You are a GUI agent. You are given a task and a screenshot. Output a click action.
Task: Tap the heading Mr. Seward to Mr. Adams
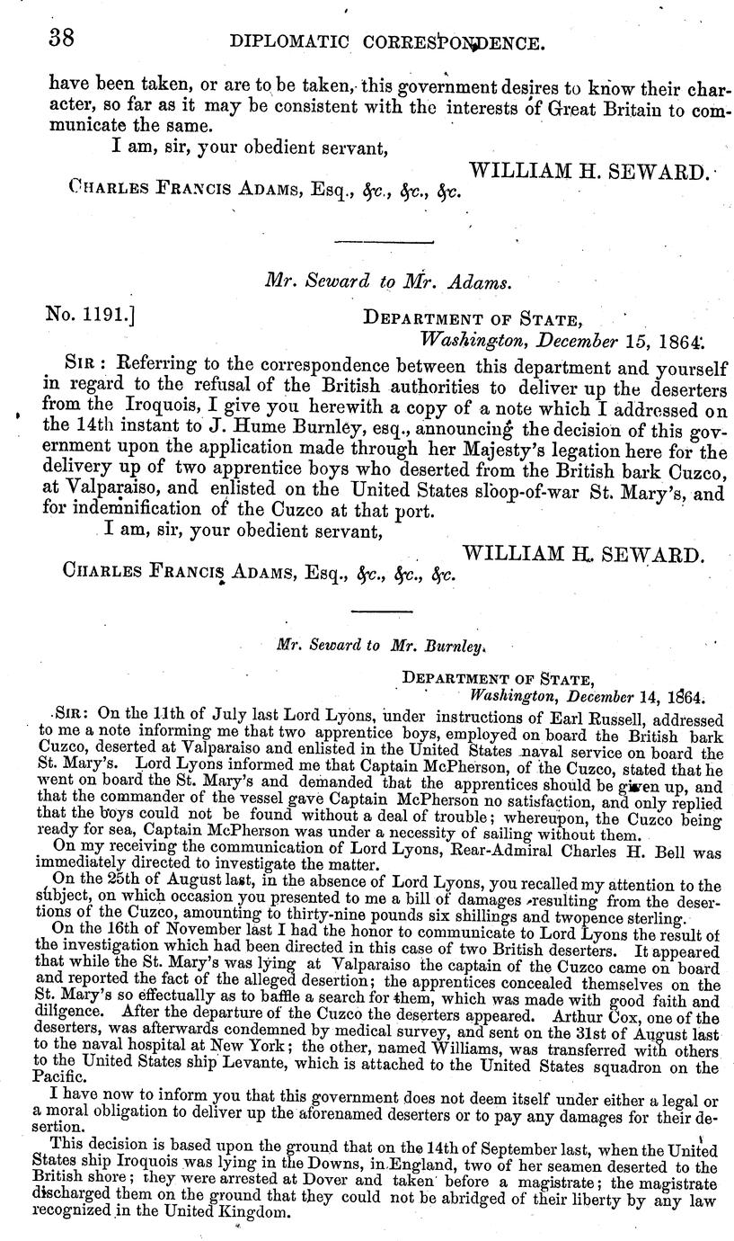pos(388,281)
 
